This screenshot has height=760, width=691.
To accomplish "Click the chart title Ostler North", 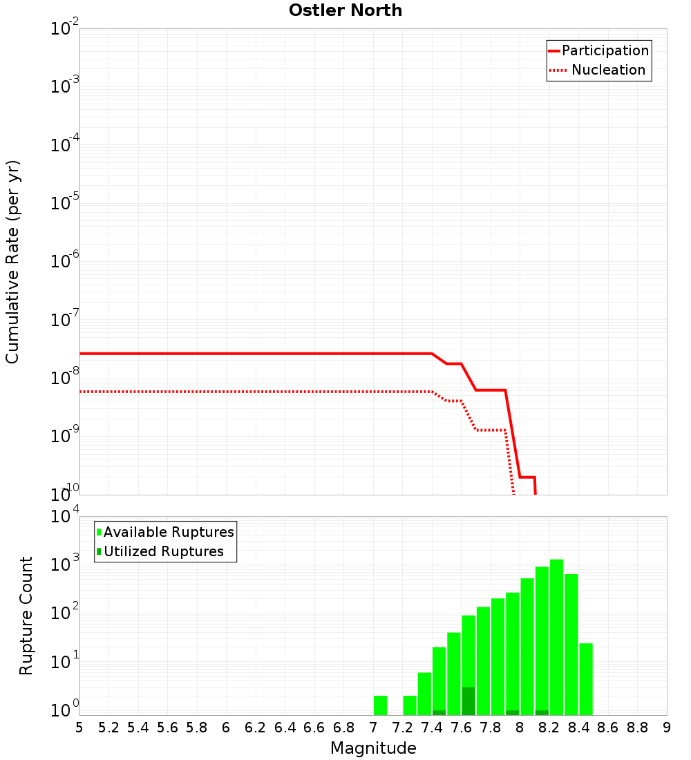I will [x=345, y=10].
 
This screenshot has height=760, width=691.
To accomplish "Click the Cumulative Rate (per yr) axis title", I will [x=12, y=262].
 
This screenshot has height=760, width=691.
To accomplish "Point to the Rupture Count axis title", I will [x=26, y=616].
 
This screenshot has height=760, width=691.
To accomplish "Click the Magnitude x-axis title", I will [x=373, y=748].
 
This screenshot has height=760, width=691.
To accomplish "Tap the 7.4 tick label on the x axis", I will [x=432, y=728].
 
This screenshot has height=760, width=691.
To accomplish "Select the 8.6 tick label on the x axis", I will [x=608, y=728].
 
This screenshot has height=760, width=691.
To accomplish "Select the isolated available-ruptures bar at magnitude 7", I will [x=380, y=705].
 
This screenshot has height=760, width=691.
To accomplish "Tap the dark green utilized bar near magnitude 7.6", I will [x=468, y=701].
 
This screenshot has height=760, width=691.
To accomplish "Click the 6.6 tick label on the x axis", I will [x=314, y=728].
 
